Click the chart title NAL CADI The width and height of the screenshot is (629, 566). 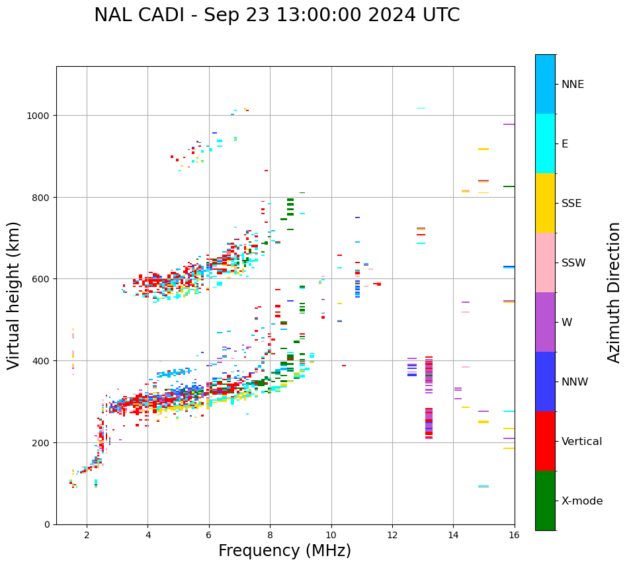(x=276, y=15)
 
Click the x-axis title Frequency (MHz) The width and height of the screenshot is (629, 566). (x=284, y=551)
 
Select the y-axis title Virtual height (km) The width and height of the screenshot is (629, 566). (x=14, y=295)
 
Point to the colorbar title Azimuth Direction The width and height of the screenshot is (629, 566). (x=614, y=292)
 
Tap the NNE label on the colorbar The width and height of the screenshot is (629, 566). (x=573, y=84)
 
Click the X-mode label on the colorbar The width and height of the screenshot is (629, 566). (x=582, y=501)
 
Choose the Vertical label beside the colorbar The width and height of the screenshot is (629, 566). (x=582, y=442)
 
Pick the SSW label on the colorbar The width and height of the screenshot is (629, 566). (x=573, y=263)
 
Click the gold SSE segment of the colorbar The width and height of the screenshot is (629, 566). (x=545, y=203)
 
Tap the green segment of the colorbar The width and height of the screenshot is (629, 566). (x=545, y=501)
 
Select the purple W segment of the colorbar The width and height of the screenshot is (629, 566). (x=545, y=322)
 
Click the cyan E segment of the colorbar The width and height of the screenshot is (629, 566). (x=545, y=143)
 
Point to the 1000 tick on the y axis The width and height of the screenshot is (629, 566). (x=41, y=116)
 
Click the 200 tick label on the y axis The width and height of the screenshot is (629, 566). (x=43, y=442)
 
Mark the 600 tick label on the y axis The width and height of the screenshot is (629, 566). (x=43, y=279)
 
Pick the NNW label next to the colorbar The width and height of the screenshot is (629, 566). (x=575, y=382)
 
